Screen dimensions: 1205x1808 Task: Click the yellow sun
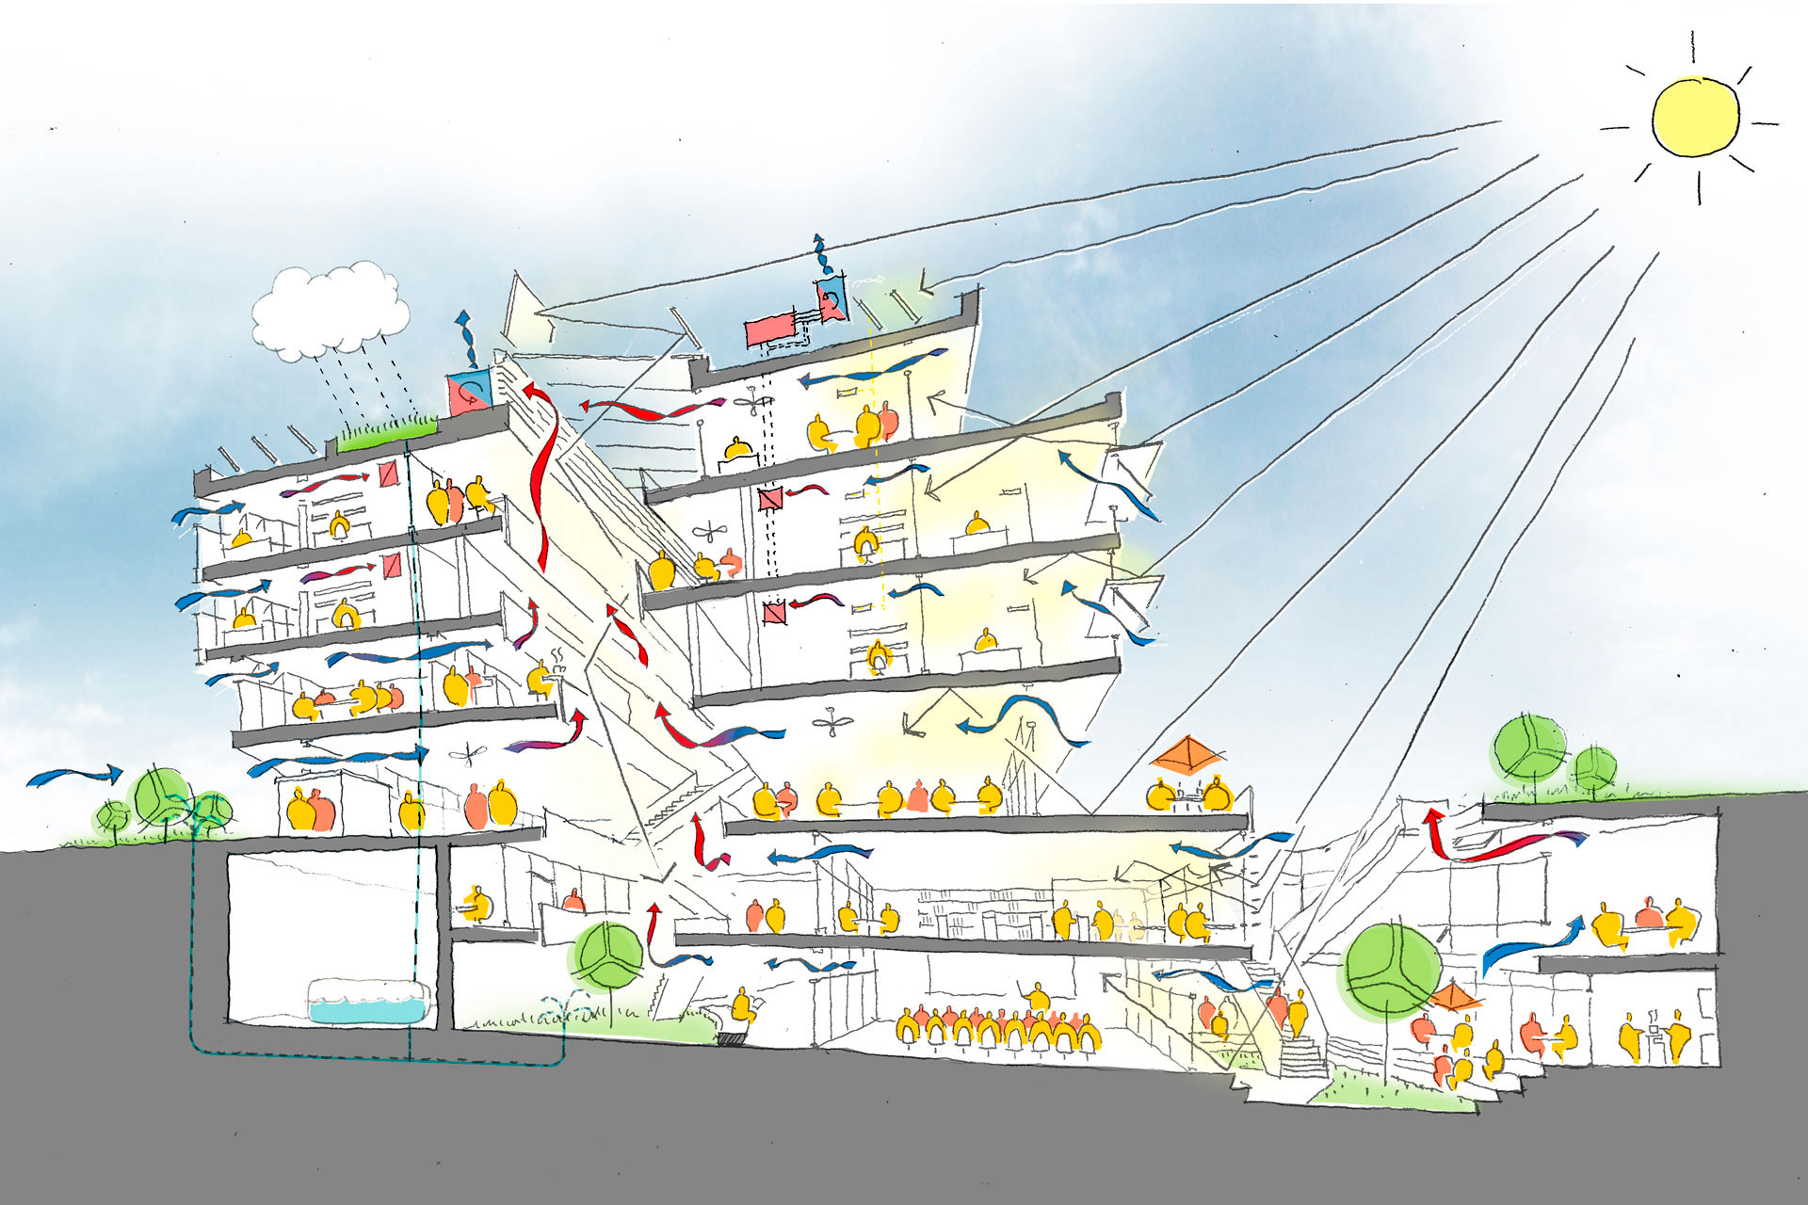pyautogui.click(x=1695, y=116)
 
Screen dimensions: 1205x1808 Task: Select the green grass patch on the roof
pyautogui.click(x=387, y=435)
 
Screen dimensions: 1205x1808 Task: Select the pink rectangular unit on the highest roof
pyautogui.click(x=769, y=331)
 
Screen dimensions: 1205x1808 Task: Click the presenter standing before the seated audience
pyautogui.click(x=1037, y=996)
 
